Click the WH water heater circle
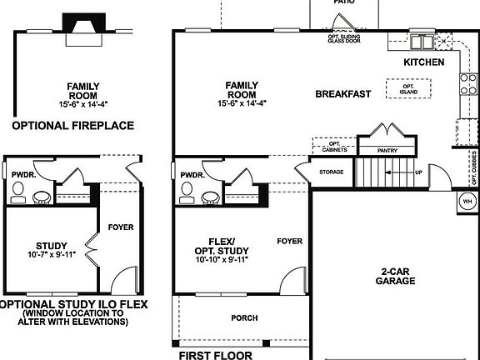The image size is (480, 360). pyautogui.click(x=467, y=201)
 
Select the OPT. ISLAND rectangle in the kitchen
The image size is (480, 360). pyautogui.click(x=408, y=87)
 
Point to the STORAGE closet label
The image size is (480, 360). pyautogui.click(x=331, y=172)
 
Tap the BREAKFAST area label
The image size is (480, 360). pyautogui.click(x=343, y=94)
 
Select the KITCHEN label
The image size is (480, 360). pyautogui.click(x=424, y=62)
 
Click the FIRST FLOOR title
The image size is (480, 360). pyautogui.click(x=216, y=355)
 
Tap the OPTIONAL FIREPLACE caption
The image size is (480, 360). pyautogui.click(x=72, y=126)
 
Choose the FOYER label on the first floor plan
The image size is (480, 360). pyautogui.click(x=290, y=241)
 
